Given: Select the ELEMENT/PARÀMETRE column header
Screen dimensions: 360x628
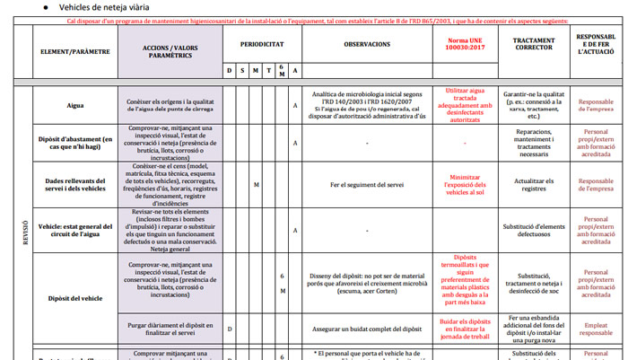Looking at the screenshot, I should pos(74,51).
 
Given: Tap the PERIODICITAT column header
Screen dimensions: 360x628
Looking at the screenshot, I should pos(262,43).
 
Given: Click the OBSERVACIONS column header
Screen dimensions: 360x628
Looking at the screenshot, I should pos(366,43).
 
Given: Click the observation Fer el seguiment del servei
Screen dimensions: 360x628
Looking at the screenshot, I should pos(366,186).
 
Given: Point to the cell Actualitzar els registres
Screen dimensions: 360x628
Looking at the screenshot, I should pos(534,186).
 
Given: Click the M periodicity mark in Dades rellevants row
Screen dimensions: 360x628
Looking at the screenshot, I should pos(256,186).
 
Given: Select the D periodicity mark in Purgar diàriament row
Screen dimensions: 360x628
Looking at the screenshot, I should pos(229,329).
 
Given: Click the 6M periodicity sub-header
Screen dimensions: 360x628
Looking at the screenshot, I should pos(282,70).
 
